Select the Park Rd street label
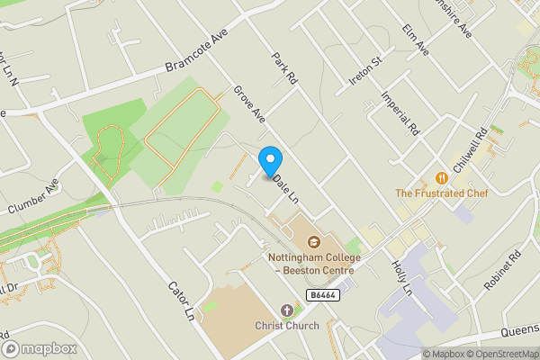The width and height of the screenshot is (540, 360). point(284,67)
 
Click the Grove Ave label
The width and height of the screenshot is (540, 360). point(248,103)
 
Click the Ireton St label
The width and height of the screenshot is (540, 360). point(365,72)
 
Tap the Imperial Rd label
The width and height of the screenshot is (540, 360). point(401,112)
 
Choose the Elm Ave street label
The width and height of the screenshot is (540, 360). point(417,40)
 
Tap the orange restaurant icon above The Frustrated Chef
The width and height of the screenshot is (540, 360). point(441,178)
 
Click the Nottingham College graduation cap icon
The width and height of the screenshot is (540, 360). point(314,242)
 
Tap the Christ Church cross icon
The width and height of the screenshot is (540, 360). point(287,310)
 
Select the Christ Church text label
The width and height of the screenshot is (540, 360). point(286,325)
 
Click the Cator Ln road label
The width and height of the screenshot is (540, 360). point(181,301)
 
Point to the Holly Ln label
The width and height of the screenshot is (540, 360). point(401,278)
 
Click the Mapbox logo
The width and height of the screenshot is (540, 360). point(39,348)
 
